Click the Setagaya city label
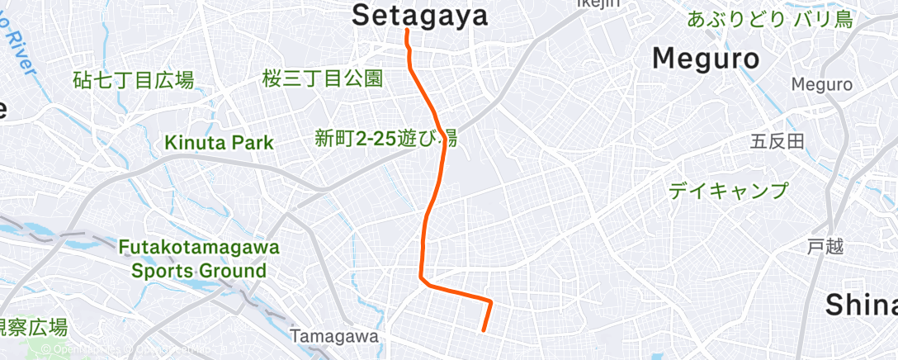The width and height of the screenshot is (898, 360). [x=420, y=13]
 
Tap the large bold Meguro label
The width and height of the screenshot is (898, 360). [x=706, y=59]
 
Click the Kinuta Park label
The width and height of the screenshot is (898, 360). [x=219, y=142]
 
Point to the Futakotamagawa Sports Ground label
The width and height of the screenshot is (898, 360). [x=199, y=258]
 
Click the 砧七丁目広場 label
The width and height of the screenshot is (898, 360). [x=133, y=80]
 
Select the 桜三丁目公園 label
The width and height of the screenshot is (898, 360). [x=324, y=79]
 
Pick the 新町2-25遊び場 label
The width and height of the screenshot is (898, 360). [x=385, y=137]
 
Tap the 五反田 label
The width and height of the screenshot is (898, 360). [x=777, y=142]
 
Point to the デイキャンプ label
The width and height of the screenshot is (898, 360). [x=728, y=191]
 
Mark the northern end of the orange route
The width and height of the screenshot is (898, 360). [x=407, y=31]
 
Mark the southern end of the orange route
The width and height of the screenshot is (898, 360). [x=483, y=330]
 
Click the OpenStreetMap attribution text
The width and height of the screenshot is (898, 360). [x=124, y=349]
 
